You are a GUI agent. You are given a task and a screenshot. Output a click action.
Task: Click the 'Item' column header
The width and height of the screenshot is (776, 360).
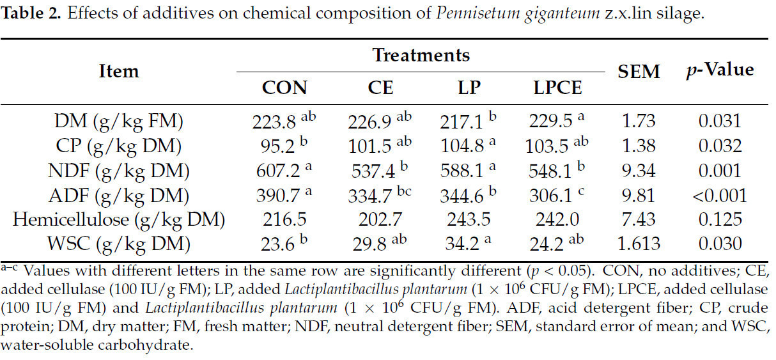click(x=119, y=71)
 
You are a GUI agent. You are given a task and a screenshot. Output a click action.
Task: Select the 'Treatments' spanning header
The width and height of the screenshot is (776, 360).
click(x=421, y=56)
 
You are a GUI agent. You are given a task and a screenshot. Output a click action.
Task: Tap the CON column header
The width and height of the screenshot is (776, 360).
click(x=284, y=88)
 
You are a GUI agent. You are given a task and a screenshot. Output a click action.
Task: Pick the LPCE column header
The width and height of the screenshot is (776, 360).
click(x=557, y=88)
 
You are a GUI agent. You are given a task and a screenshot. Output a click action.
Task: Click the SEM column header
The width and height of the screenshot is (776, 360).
click(x=639, y=72)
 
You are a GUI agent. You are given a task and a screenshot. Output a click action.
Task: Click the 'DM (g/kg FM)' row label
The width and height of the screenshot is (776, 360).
click(x=119, y=121)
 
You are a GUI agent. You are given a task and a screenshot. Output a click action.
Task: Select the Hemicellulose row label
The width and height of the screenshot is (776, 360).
click(x=119, y=219)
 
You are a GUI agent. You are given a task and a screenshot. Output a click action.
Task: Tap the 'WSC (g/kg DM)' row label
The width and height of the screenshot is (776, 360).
click(x=119, y=244)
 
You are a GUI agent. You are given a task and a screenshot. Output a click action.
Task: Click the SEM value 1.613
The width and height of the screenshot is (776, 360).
click(x=639, y=244)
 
